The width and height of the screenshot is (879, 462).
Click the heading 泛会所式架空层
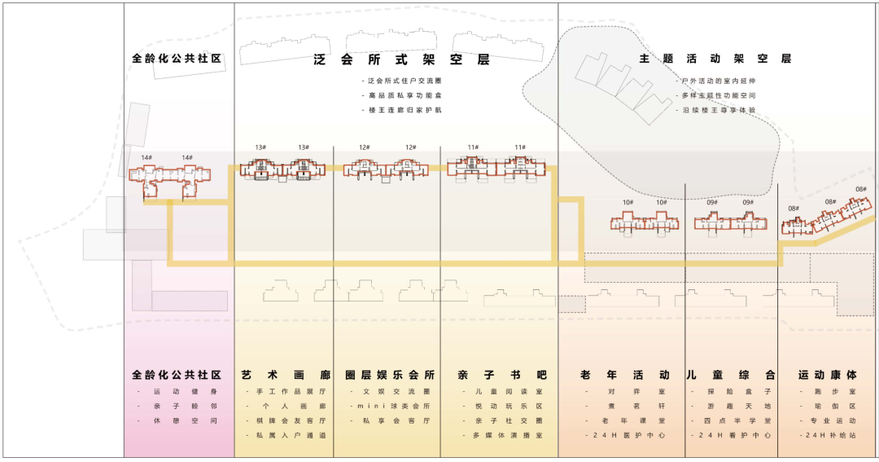point(401,59)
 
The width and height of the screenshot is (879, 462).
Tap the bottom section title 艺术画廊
point(286,376)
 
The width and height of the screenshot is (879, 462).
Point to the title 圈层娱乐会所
point(390,376)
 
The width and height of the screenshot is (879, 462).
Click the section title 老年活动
point(625,376)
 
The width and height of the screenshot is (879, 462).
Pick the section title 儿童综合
point(730,376)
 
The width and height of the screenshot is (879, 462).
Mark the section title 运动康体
point(827,376)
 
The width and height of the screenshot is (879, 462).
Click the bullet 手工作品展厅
point(287,392)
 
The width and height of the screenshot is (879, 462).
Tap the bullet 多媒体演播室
point(504,436)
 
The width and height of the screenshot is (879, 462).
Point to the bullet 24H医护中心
point(627,436)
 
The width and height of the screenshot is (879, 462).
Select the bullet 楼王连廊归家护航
point(405,110)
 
